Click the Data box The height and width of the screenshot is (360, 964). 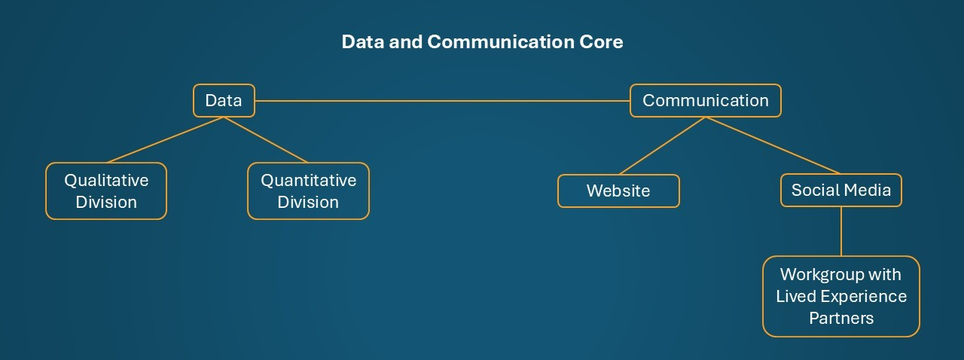point(224,101)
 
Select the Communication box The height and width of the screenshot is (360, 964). point(705,101)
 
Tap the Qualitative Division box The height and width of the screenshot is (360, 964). point(106,191)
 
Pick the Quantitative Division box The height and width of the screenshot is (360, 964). point(308,191)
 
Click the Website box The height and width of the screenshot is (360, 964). point(618,191)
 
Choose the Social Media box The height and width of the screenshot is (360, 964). point(840,191)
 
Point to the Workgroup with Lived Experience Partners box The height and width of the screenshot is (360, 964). point(841,296)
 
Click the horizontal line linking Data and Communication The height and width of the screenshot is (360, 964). point(442,100)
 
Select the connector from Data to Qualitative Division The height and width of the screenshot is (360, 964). point(166,140)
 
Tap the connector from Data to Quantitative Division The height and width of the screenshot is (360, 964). point(266,140)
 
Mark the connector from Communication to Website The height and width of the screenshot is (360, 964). point(662,146)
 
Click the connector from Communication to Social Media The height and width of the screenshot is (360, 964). point(773,146)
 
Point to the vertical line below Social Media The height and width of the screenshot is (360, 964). point(841,231)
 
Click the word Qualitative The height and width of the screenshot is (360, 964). point(106,181)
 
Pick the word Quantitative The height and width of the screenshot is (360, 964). point(308,181)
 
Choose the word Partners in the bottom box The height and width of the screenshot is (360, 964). point(841,318)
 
